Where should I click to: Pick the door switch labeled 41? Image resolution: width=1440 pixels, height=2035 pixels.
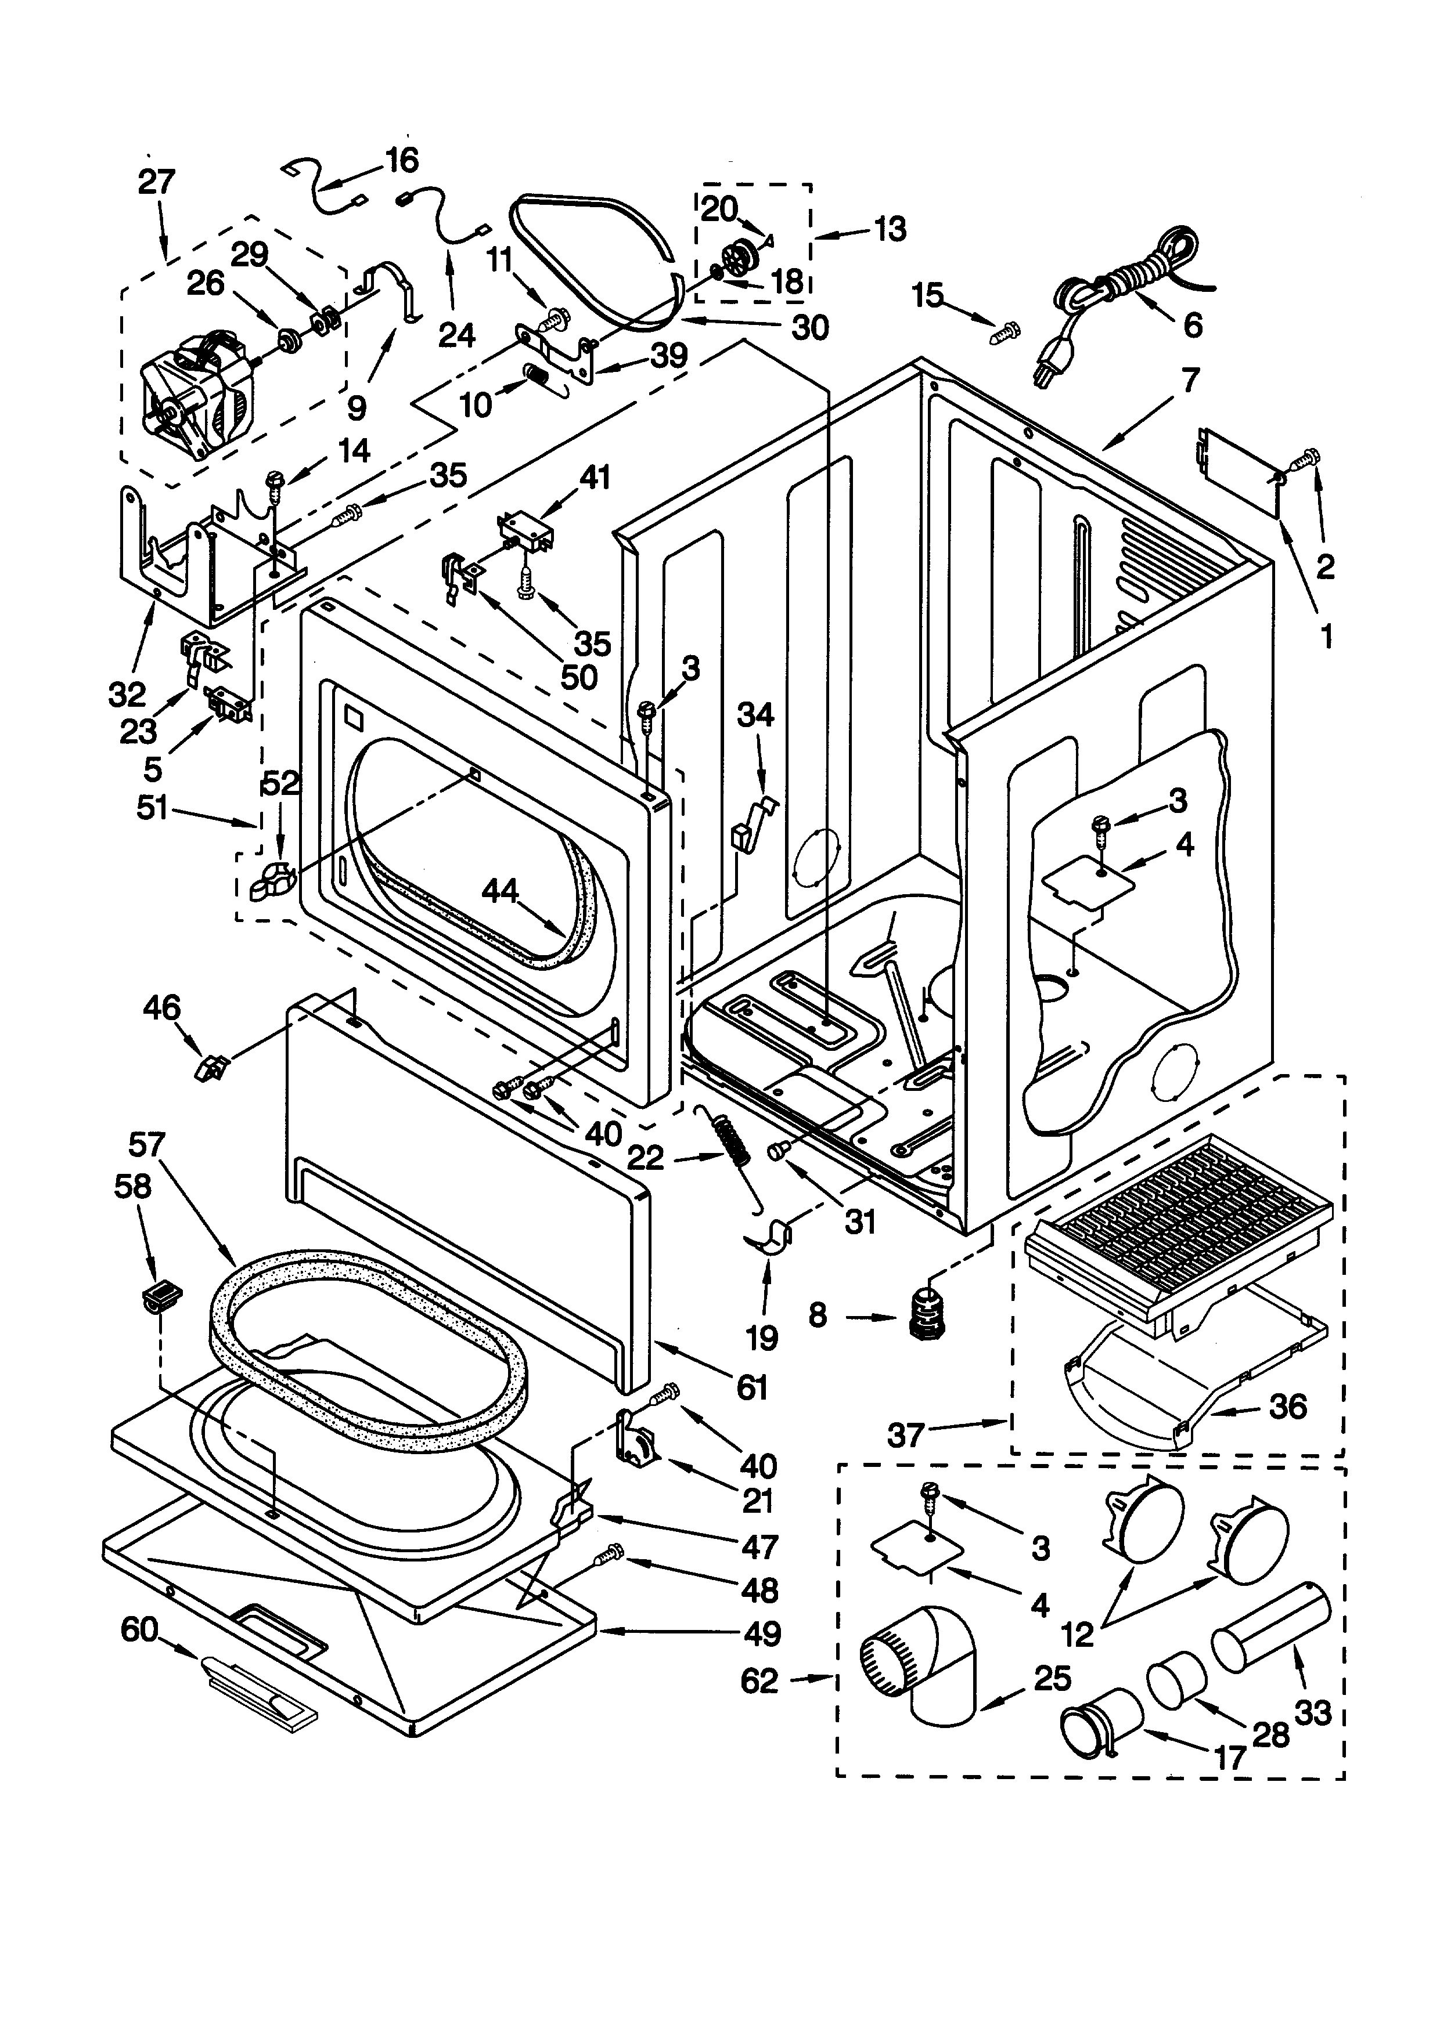point(526,532)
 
